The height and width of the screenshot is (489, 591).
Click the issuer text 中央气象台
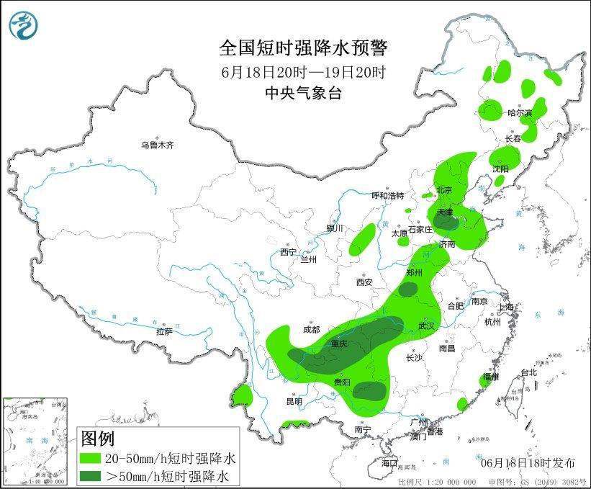point(302,92)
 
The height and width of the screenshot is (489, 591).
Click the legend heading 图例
point(97,438)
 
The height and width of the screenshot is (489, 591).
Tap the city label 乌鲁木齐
point(158,145)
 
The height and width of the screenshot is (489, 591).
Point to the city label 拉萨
point(164,331)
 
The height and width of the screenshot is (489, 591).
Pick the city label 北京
point(443,190)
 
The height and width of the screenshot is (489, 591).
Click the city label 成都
point(311,329)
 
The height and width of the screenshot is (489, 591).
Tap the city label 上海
point(506,308)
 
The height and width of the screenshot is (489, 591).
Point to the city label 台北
point(528,372)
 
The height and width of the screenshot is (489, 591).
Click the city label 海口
point(389,462)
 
